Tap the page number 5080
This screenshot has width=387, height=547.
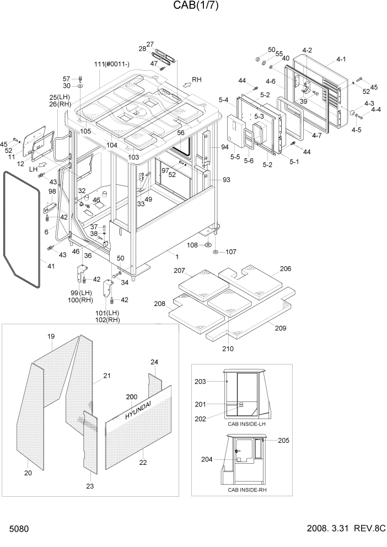(18, 529)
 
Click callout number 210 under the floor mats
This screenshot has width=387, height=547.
(228, 348)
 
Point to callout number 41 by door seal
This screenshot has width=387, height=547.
(51, 266)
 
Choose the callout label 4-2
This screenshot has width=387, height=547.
(307, 51)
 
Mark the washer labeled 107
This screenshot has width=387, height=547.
(215, 252)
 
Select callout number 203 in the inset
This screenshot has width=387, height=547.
(200, 382)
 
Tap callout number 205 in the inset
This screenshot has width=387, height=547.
(283, 440)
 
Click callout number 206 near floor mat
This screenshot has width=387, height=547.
(285, 269)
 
